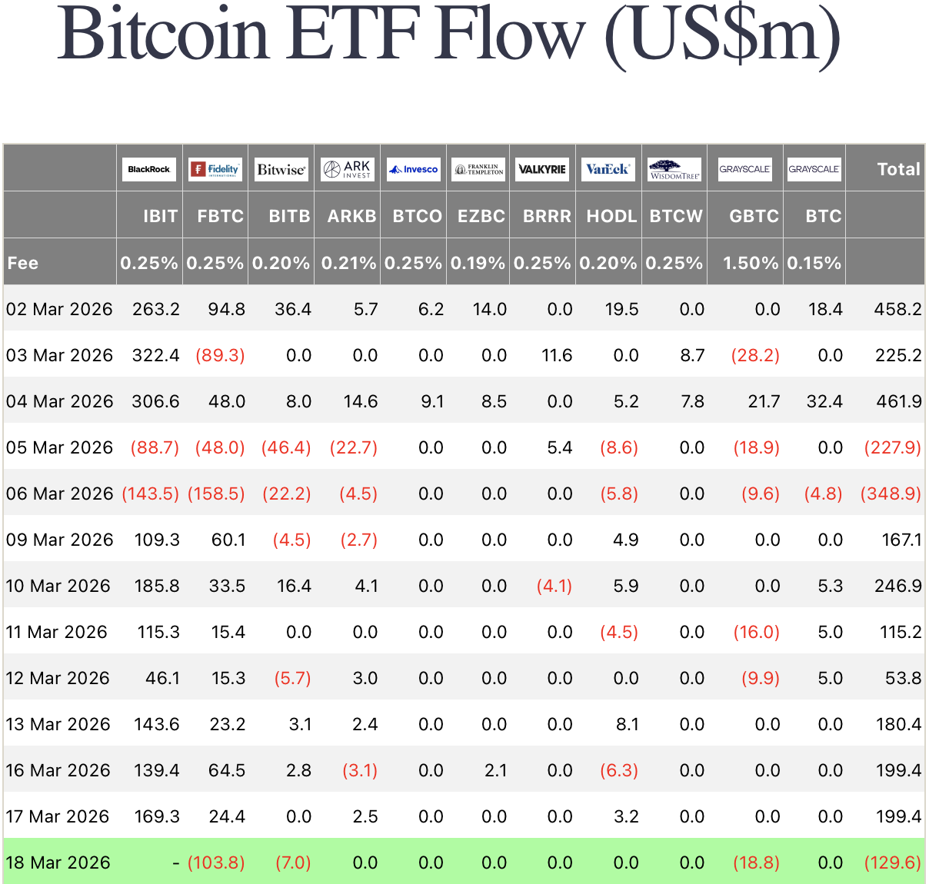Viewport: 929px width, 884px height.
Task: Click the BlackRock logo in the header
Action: click(x=149, y=169)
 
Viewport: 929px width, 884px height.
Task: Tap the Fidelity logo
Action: click(x=215, y=169)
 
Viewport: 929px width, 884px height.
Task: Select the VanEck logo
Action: click(x=608, y=169)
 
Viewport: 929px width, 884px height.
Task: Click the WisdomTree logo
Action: click(x=674, y=169)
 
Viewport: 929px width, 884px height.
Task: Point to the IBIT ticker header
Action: click(x=160, y=216)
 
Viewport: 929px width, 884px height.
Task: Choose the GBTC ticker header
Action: click(x=754, y=216)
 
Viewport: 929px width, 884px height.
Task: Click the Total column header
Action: click(x=898, y=169)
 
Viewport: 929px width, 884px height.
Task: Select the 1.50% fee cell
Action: click(x=751, y=263)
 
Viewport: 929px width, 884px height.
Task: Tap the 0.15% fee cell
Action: click(x=814, y=263)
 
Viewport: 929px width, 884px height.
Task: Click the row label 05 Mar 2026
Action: click(x=59, y=447)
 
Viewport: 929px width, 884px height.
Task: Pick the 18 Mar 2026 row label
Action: click(x=58, y=862)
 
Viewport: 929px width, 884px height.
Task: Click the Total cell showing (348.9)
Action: click(x=891, y=494)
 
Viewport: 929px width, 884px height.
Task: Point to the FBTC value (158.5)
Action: click(x=216, y=494)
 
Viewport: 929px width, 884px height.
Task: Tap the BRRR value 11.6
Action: click(x=557, y=355)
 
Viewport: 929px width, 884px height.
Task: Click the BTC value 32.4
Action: click(x=824, y=401)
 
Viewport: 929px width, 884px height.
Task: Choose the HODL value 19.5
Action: click(x=621, y=309)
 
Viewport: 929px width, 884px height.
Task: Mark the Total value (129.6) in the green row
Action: click(x=892, y=862)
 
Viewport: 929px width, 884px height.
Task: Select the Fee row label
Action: click(x=23, y=263)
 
